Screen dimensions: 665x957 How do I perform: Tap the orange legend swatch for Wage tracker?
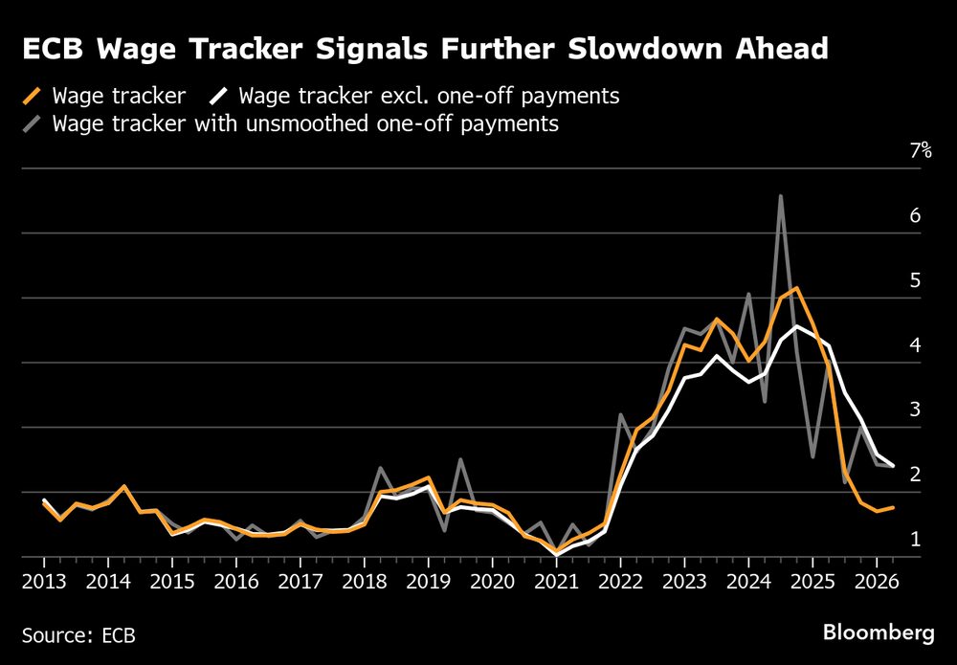click(33, 96)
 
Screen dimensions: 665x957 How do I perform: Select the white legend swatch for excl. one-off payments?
click(220, 96)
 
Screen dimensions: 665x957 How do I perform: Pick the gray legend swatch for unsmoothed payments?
click(33, 123)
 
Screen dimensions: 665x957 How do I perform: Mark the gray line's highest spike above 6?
click(781, 196)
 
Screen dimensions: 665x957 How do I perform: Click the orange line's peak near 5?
click(796, 288)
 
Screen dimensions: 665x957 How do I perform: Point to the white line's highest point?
click(796, 326)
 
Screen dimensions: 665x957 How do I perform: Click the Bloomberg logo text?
click(878, 632)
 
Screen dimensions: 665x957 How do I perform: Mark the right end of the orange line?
click(894, 507)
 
